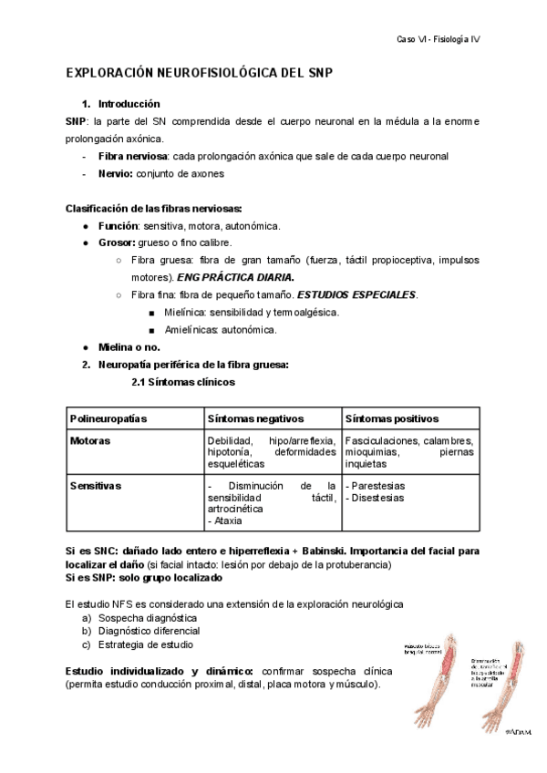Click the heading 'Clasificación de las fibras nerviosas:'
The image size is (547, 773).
point(154,209)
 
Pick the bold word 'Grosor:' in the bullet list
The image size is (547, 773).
point(117,242)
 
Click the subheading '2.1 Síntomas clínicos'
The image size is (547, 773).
point(183,382)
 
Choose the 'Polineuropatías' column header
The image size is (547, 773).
point(108,418)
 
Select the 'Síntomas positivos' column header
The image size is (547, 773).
point(392,418)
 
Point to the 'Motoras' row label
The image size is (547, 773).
point(90,440)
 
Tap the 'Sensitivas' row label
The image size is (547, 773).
point(96,486)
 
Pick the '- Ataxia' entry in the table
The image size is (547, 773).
point(228,521)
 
